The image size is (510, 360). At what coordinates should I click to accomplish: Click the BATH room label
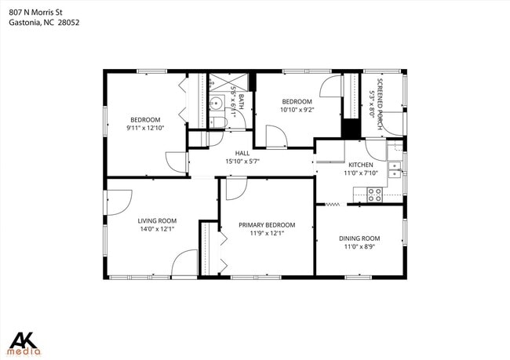pyautogui.click(x=242, y=100)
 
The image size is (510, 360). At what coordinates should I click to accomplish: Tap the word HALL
pyautogui.click(x=242, y=153)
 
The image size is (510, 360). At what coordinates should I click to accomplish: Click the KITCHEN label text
pyautogui.click(x=360, y=164)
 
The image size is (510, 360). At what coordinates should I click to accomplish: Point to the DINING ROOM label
pyautogui.click(x=359, y=238)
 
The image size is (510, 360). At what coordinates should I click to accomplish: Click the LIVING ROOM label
pyautogui.click(x=157, y=220)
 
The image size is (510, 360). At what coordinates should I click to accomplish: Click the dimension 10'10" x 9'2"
pyautogui.click(x=297, y=110)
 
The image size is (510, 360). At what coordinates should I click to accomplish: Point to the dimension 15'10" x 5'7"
pyautogui.click(x=242, y=162)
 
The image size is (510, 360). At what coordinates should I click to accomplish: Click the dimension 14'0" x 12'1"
pyautogui.click(x=157, y=229)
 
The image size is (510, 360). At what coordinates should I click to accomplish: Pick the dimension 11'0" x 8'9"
pyautogui.click(x=359, y=246)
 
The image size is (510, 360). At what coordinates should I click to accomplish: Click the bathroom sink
pyautogui.click(x=216, y=102)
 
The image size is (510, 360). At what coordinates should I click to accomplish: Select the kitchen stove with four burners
pyautogui.click(x=374, y=194)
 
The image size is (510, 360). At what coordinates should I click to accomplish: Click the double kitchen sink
pyautogui.click(x=394, y=173)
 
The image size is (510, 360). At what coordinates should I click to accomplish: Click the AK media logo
pyautogui.click(x=25, y=343)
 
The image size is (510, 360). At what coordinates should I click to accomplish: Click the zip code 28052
pyautogui.click(x=68, y=23)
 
